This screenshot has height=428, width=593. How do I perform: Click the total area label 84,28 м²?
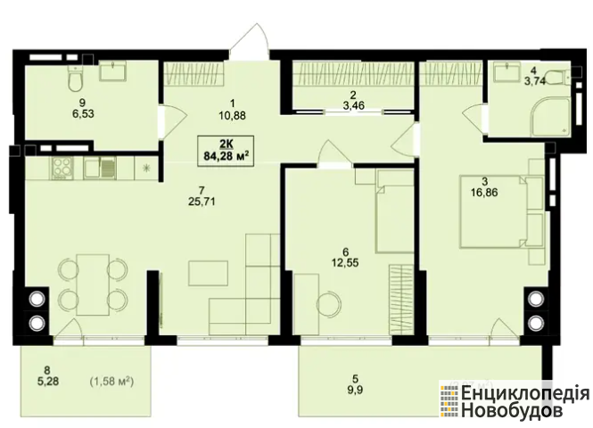coord(226,156)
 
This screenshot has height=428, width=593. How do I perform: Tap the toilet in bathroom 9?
coord(76,78)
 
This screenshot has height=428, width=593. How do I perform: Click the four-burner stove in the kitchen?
coord(62,168)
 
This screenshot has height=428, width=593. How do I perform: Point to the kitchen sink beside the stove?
coord(100,168)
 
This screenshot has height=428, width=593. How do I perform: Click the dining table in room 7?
coord(93,284)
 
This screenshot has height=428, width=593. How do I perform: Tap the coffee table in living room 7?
coord(208,274)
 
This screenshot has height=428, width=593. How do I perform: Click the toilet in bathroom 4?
coord(559,78)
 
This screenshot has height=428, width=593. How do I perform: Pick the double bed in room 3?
coord(494,211)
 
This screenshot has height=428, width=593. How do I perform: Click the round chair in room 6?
coord(329,304)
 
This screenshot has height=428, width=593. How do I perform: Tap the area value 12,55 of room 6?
coord(345,262)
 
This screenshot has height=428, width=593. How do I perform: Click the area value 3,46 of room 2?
coord(354,105)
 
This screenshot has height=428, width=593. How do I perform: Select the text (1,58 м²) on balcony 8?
coord(111,382)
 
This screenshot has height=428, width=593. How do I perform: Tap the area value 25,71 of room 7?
coord(202,202)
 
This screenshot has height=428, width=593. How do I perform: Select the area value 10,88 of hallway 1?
coord(232,115)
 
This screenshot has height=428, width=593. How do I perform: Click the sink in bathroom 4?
coord(508,71)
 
